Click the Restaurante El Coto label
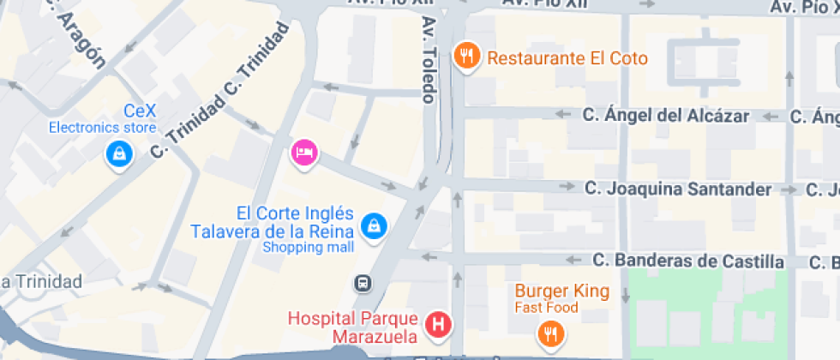[x=567, y=59]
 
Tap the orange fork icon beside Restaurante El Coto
[x=466, y=57]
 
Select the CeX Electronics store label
[x=102, y=119]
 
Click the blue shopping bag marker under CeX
[x=117, y=154]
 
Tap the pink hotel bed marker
[x=304, y=153]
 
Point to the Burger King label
[x=561, y=291]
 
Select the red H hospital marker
[x=439, y=325]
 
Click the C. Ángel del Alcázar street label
[x=666, y=115]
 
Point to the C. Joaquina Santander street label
[x=678, y=189]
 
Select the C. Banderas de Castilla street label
[x=688, y=261]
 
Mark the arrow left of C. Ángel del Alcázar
[x=563, y=114]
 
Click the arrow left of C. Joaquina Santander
[x=566, y=186]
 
